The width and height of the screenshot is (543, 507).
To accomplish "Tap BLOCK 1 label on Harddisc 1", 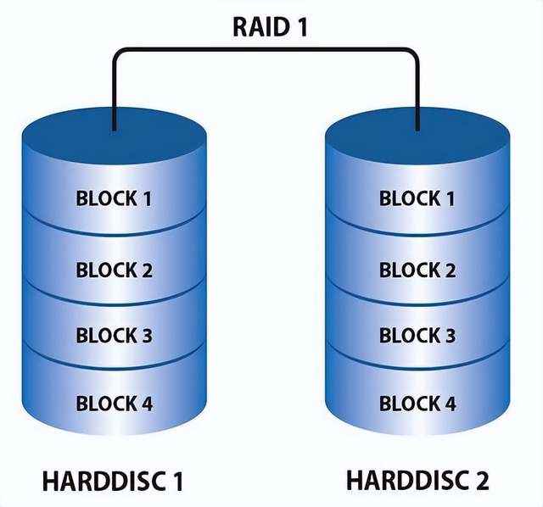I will coord(114,199).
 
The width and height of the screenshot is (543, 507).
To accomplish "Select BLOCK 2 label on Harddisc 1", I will coord(114,271).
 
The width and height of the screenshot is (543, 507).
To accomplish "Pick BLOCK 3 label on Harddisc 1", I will coord(114,335).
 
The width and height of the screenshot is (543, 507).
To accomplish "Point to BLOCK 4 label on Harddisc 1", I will coord(114,403).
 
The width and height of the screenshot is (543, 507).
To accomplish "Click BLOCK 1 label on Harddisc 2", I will coord(417,199).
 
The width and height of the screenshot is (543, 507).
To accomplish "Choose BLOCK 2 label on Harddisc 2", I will coord(417,271).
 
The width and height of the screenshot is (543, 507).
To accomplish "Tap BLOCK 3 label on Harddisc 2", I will coord(417,335).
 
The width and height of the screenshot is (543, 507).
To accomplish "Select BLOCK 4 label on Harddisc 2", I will coord(417,403).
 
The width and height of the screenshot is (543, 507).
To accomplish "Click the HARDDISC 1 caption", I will coord(113,482).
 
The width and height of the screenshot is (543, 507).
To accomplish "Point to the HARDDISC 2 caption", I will coord(417,481).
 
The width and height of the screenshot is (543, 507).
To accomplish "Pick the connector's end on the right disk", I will coord(417,127).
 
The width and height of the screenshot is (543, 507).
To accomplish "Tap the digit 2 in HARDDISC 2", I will coord(481,481).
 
